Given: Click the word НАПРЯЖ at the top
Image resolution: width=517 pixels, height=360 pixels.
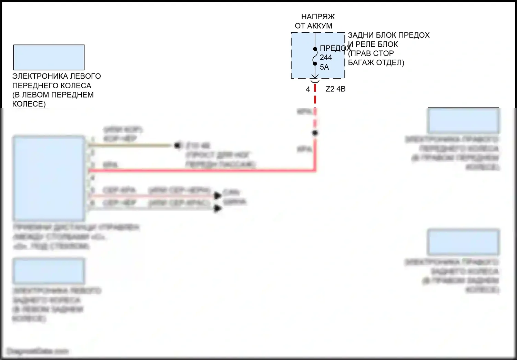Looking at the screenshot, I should click(318, 17).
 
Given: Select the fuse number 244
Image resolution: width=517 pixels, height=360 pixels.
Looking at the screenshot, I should click(326, 58).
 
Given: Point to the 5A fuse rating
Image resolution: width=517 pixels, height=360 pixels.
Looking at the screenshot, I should click(324, 67).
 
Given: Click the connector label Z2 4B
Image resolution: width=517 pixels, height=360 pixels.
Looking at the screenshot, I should click(335, 89).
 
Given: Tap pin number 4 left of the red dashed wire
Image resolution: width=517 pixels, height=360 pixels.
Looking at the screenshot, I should click(308, 89).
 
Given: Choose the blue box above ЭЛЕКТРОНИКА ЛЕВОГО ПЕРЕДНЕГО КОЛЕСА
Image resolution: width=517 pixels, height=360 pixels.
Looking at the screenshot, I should click(49, 57).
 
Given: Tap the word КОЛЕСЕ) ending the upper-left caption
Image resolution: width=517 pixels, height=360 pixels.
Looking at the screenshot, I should click(29, 104).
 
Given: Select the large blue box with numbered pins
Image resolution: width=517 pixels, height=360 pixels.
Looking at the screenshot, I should click(49, 178).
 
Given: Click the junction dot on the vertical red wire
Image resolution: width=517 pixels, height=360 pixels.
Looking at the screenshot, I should click(315, 133).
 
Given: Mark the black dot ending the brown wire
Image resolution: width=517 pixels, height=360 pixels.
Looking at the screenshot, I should click(177, 146).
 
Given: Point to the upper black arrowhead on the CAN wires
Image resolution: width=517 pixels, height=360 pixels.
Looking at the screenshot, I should click(217, 196).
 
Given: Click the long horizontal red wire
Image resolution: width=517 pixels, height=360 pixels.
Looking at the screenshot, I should click(200, 170).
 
